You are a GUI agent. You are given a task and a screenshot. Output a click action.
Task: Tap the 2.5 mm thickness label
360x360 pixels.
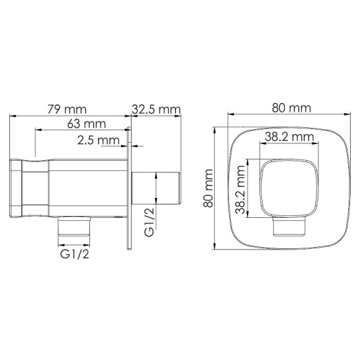tap(98, 140)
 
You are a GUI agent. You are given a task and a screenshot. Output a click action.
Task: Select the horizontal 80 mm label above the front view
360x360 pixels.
tap(290, 108)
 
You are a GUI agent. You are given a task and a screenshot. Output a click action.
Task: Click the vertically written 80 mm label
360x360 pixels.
tap(209, 189)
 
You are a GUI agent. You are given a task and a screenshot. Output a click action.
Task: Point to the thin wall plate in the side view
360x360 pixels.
tap(130, 189)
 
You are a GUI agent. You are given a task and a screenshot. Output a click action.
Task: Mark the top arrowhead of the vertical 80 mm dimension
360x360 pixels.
tap(215, 130)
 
